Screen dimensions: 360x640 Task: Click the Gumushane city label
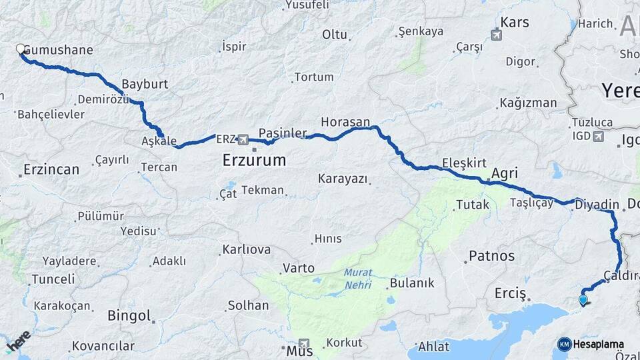pyautogui.click(x=58, y=50)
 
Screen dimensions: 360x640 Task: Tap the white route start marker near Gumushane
pyautogui.click(x=21, y=49)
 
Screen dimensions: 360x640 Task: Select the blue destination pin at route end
pyautogui.click(x=583, y=300)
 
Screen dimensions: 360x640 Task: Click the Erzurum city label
pyautogui.click(x=254, y=160)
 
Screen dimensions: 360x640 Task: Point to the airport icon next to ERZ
pyautogui.click(x=243, y=139)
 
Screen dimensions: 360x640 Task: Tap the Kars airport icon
pyautogui.click(x=496, y=35)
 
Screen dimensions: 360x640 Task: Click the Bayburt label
pyautogui.click(x=145, y=85)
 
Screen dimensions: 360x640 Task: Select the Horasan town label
pyautogui.click(x=345, y=122)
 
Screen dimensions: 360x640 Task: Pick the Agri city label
pyautogui.click(x=504, y=174)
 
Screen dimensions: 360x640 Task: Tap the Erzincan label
pyautogui.click(x=51, y=169)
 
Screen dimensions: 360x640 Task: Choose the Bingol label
pyautogui.click(x=129, y=315)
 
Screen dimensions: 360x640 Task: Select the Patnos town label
pyautogui.click(x=492, y=255)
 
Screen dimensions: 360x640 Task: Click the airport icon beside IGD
pyautogui.click(x=597, y=137)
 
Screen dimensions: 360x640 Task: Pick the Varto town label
pyautogui.click(x=299, y=268)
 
